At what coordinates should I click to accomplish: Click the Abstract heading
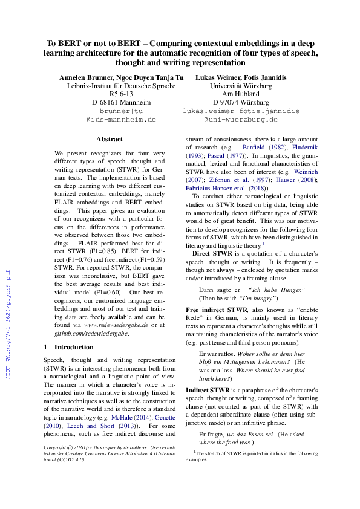point(109,139)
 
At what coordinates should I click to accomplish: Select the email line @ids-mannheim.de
point(121,120)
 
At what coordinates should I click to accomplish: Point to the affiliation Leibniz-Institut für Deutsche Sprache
point(121,86)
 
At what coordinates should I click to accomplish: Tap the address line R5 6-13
point(121,94)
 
